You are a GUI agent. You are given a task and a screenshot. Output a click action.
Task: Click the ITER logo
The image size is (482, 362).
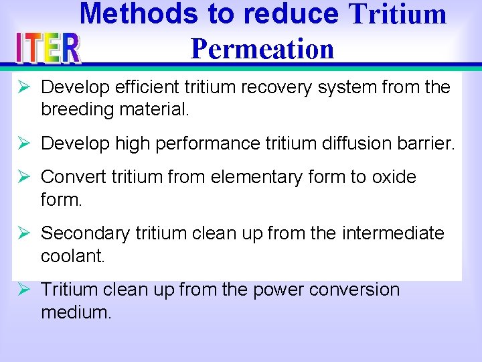click(x=48, y=48)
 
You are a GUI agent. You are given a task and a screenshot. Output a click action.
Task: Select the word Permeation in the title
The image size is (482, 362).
click(x=262, y=48)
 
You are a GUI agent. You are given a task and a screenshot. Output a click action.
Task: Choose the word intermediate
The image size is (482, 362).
click(x=393, y=233)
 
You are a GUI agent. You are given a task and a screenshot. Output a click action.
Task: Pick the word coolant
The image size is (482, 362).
click(x=72, y=255)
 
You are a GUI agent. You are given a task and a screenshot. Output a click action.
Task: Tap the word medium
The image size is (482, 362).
click(x=76, y=312)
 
